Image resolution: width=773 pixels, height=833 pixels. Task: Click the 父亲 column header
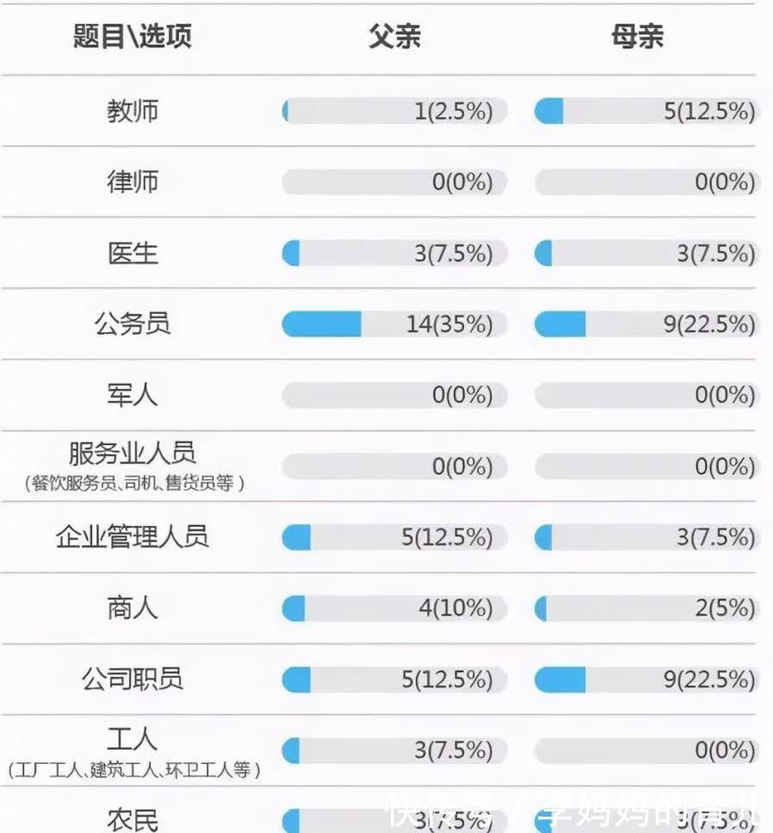(x=394, y=37)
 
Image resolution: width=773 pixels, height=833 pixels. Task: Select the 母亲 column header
(x=637, y=37)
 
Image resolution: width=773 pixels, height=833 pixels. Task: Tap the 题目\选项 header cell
(x=133, y=37)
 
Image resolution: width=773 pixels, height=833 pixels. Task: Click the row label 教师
(x=133, y=111)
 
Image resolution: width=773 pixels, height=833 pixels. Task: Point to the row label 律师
(x=133, y=182)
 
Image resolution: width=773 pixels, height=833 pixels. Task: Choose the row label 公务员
(x=133, y=324)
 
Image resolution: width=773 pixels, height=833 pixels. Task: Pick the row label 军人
(x=133, y=395)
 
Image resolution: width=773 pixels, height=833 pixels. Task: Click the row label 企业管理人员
(x=133, y=537)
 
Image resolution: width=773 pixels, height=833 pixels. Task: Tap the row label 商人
(x=133, y=608)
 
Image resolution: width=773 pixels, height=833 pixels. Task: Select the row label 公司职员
(x=133, y=679)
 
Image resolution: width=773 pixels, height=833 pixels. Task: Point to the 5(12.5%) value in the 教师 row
(x=709, y=112)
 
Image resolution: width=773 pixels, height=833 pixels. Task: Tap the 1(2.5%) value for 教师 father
(x=454, y=112)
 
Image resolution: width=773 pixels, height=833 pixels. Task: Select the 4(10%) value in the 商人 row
(x=455, y=608)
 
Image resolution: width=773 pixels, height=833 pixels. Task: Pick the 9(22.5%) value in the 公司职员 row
(x=709, y=680)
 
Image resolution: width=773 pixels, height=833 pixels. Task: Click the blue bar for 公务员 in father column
(x=322, y=324)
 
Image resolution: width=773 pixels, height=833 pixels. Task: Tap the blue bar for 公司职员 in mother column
(x=560, y=680)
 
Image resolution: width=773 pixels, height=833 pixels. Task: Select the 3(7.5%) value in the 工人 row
(x=454, y=750)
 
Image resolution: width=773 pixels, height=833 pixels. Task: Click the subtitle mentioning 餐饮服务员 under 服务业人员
(x=134, y=484)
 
